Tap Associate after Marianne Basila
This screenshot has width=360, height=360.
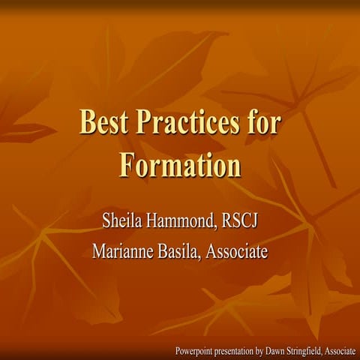237,251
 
